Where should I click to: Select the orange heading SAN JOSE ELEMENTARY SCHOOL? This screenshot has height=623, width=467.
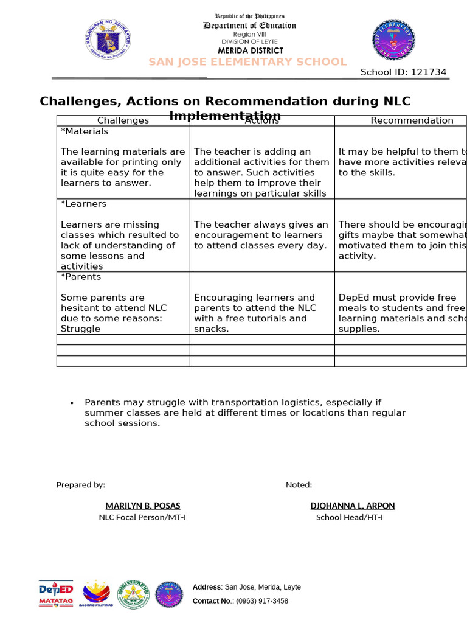point(247,62)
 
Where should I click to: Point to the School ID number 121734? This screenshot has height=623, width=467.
point(429,72)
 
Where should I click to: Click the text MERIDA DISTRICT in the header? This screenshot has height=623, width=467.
point(252,50)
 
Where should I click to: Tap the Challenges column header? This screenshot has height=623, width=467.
point(123,120)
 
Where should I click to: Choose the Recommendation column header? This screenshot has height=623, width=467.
point(412,120)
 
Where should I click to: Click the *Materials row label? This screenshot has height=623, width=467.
point(85,131)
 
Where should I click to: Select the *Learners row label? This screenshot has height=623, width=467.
point(83,204)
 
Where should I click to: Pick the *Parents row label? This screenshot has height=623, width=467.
point(81,277)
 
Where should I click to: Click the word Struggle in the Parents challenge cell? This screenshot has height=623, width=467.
point(80,329)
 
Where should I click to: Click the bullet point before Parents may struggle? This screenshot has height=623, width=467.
point(72,403)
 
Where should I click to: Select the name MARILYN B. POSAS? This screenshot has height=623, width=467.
point(143,506)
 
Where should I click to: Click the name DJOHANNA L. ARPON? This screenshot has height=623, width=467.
point(353,506)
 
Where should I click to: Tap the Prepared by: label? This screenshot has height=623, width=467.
point(81,485)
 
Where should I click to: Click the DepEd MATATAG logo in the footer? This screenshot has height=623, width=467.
point(56,593)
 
